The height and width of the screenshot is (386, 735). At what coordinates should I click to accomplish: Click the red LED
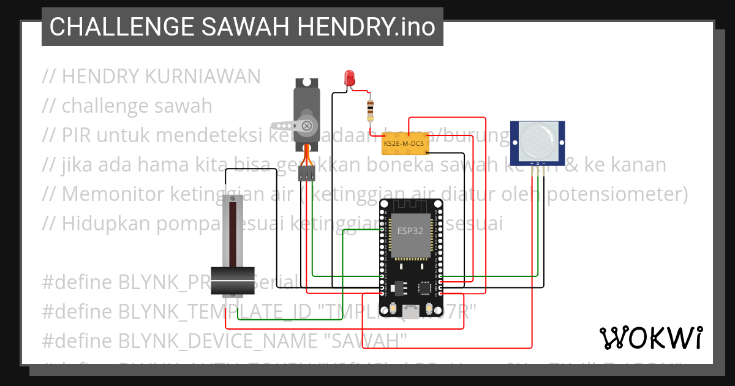350,78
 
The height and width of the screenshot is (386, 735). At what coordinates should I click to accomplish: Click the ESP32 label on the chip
410,231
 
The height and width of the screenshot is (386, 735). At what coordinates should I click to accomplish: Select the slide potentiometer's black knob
232,279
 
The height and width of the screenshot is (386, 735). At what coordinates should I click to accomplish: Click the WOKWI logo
650,338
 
